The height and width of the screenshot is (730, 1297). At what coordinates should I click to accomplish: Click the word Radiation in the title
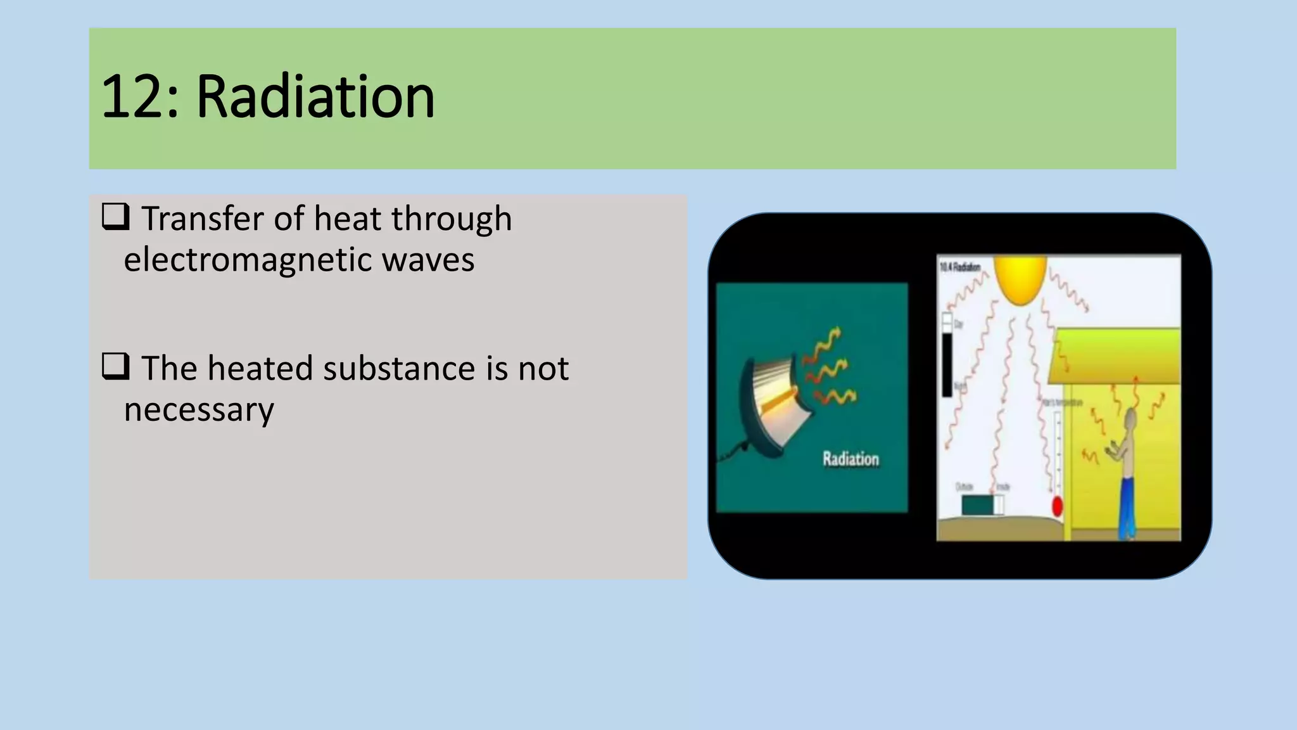point(315,97)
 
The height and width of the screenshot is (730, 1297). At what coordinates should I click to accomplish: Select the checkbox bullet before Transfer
point(115,217)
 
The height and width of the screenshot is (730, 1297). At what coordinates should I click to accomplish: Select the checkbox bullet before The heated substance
point(115,366)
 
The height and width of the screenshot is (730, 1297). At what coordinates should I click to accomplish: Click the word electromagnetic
point(237,260)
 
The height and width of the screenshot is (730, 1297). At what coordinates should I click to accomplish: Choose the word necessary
point(199,410)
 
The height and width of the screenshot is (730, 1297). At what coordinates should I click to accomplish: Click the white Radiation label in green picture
point(851,459)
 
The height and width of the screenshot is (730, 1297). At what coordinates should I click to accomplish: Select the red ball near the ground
point(1057,506)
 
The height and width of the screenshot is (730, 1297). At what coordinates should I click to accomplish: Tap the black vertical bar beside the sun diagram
point(947,364)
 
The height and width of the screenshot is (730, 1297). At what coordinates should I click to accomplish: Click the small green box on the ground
point(978,505)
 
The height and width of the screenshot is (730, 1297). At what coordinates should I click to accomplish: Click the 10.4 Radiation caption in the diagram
point(960,267)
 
